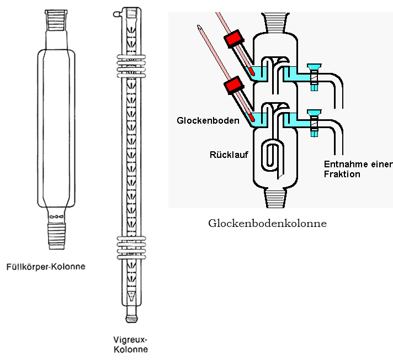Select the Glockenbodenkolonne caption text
click(268, 224)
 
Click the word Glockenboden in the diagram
click(208, 120)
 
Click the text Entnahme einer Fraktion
click(358, 169)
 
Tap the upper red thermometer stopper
click(234, 40)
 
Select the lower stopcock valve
click(314, 122)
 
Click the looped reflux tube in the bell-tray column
click(272, 155)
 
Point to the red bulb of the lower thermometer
click(252, 117)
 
